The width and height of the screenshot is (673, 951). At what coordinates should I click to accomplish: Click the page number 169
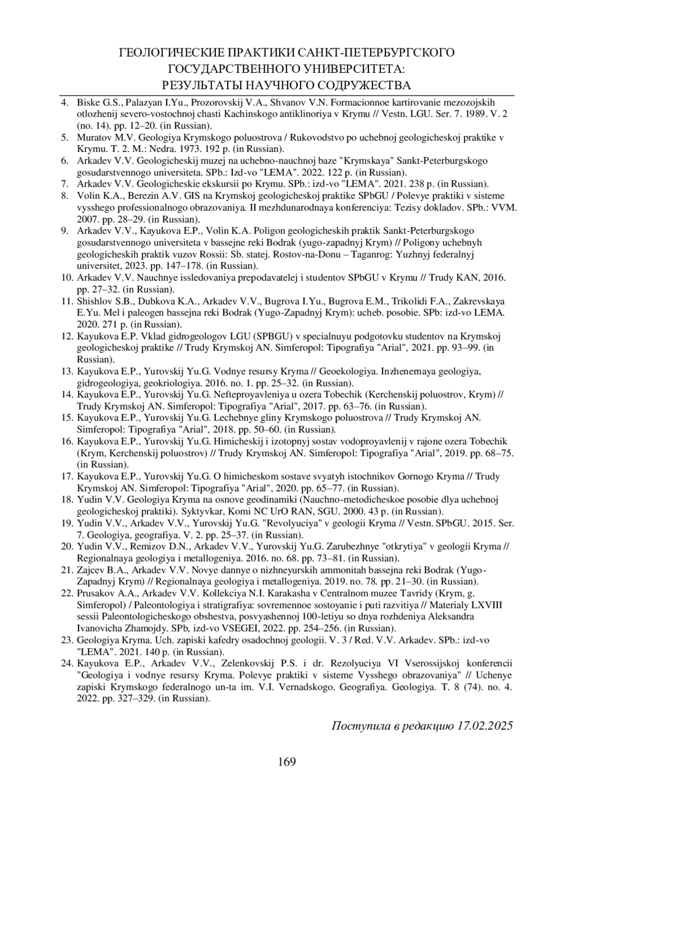(x=287, y=762)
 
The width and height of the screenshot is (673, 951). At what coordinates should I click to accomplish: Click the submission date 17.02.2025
(x=485, y=726)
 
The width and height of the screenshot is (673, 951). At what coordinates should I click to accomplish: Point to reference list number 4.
(x=65, y=103)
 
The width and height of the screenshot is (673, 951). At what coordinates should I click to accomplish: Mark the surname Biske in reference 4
(x=87, y=103)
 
